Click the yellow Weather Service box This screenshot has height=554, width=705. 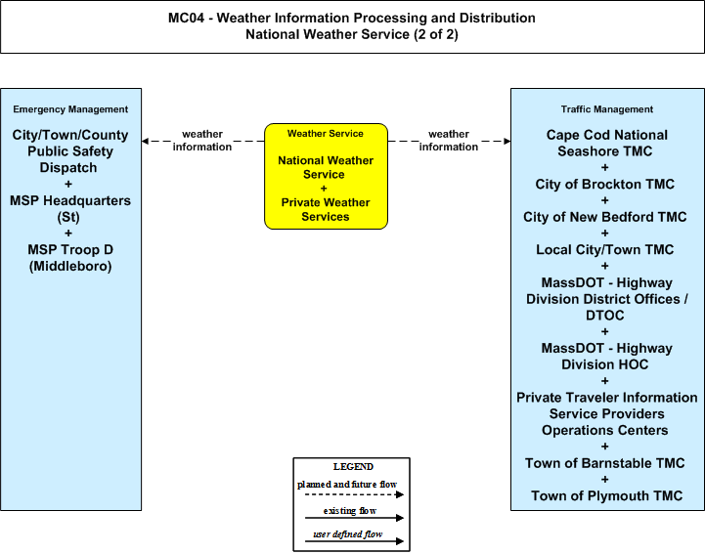pos(326,176)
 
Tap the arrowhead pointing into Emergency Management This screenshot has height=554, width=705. pos(145,141)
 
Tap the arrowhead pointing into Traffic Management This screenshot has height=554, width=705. pos(507,141)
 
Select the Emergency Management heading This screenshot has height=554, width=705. pos(70,109)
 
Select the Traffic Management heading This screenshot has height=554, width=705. pos(607,109)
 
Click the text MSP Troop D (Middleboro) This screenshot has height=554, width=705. pos(70,258)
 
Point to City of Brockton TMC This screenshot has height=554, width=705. pos(604,185)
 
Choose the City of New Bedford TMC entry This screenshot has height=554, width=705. pos(604,217)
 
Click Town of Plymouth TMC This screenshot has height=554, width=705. pos(606,495)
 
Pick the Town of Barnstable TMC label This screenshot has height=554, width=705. pos(604,463)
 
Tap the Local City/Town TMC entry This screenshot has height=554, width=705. pos(604,250)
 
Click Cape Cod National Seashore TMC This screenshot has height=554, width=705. pos(606,143)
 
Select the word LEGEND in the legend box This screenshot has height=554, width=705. pos(353,466)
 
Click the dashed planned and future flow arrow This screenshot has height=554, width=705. pos(354,494)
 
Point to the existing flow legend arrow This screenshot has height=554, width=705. pos(354,518)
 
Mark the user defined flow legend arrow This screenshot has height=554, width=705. pos(354,541)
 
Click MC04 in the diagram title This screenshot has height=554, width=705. pos(186,18)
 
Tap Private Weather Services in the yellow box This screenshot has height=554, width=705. pos(326,209)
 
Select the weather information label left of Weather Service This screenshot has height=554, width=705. pos(202,140)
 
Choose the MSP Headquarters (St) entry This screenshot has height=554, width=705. pos(70,208)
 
